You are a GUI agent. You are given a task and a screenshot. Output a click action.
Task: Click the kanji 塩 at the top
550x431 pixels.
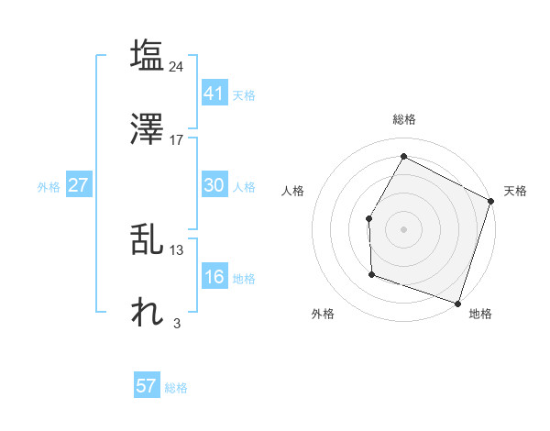[x=147, y=55]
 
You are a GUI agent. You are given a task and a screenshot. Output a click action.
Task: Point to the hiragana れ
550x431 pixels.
[x=147, y=313]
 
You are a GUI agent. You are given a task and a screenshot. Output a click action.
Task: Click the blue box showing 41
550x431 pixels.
[x=214, y=94]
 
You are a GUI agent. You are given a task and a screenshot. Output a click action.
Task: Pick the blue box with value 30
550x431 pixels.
[x=214, y=185]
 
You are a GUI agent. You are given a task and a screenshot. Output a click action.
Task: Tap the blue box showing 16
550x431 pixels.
[x=214, y=277]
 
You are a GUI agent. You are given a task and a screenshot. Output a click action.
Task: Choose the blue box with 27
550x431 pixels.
[x=79, y=185]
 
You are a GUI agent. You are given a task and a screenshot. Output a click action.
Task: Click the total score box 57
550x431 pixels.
[x=147, y=386]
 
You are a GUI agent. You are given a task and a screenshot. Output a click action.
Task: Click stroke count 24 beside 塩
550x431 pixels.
[x=177, y=66]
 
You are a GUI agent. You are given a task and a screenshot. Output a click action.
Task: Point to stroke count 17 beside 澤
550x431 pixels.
[x=177, y=139]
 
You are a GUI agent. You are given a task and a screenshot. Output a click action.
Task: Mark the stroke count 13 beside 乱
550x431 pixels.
[x=177, y=250]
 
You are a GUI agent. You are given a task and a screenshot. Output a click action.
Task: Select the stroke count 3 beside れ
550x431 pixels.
[x=177, y=323]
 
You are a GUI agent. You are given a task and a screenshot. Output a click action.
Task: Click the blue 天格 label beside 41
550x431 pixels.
[x=244, y=94]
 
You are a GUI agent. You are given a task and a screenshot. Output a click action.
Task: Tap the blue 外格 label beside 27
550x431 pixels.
[x=49, y=186]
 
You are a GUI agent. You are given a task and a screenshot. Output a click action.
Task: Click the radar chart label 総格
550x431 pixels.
[x=403, y=119]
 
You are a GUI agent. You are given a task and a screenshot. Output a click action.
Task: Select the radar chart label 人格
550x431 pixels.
[x=293, y=191]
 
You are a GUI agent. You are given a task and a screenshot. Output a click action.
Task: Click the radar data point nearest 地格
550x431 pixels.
[x=457, y=303]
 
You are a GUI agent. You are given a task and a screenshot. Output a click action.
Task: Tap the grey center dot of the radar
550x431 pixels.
[x=403, y=228]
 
